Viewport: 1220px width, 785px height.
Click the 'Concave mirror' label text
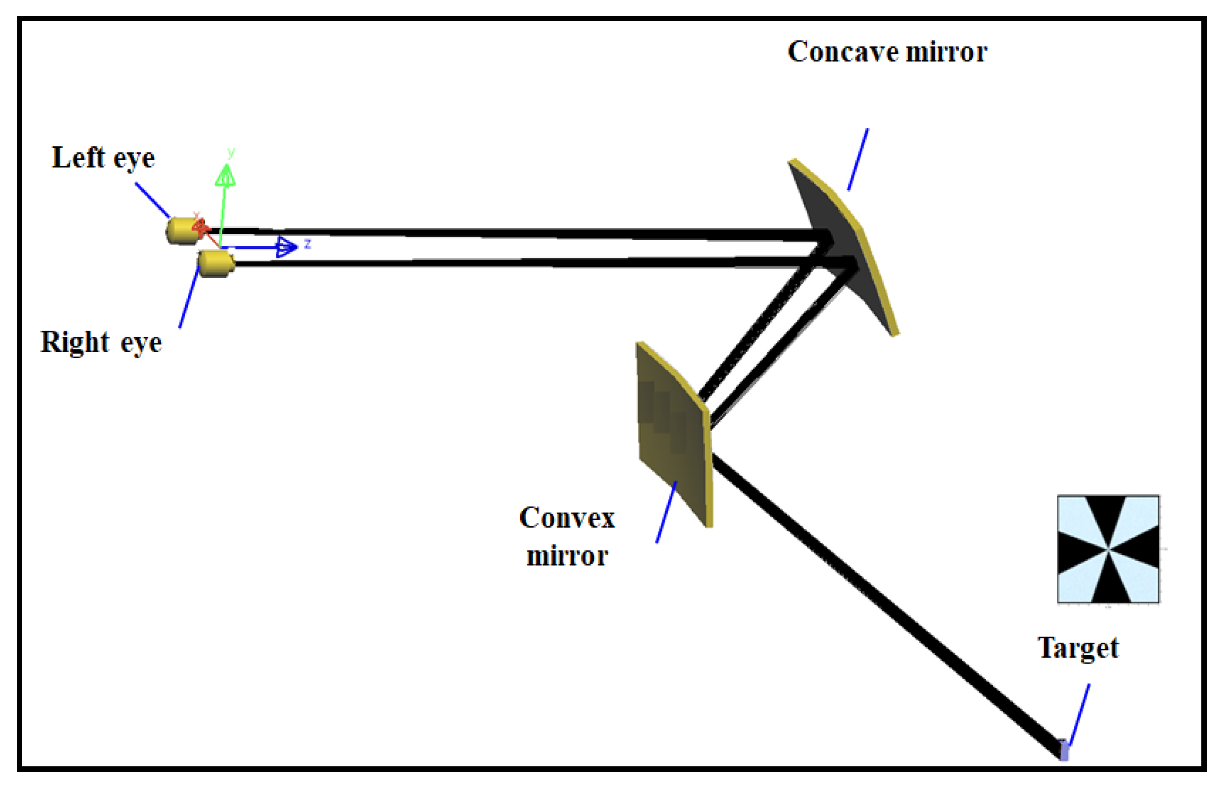pos(887,52)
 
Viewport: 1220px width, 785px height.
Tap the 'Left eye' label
pos(103,158)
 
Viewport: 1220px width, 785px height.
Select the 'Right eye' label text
pos(101,342)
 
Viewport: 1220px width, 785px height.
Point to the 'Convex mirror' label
pos(567,536)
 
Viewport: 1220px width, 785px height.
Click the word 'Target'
pos(1077,648)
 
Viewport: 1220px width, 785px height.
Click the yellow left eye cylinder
pos(181,230)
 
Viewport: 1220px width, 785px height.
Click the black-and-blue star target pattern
pos(1108,549)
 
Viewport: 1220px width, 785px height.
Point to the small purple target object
pos(1064,750)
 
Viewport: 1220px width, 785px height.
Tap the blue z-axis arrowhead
pos(286,247)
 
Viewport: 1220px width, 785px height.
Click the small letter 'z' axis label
pos(308,243)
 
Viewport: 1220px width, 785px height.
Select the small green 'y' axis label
pos(231,152)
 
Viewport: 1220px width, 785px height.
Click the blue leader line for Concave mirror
pos(858,159)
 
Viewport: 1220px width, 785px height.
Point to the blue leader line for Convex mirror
pos(666,512)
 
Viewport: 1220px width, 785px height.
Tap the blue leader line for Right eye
pos(189,297)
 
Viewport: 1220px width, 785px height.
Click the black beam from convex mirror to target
pos(879,599)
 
